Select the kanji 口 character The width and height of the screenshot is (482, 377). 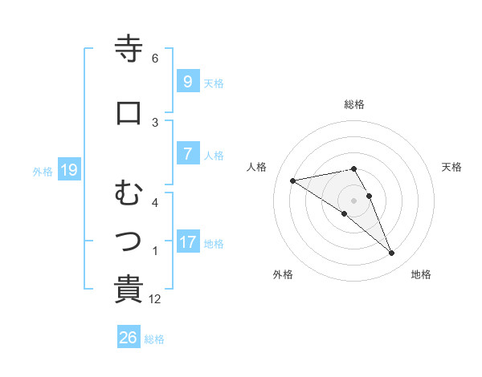pos(129,113)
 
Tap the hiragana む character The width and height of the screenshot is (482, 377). pos(129,193)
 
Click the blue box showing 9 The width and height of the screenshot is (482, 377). pos(187,82)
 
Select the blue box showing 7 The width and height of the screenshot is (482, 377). pos(187,155)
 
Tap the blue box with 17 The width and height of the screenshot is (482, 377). pos(187,242)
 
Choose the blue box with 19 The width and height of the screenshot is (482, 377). pos(68,170)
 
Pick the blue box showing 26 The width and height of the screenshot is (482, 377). pos(129,338)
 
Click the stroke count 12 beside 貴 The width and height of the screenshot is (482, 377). pos(156,299)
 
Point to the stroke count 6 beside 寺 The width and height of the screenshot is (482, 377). pos(155,59)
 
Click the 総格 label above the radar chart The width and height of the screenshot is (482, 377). pos(354,104)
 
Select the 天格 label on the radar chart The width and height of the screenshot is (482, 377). pos(452,167)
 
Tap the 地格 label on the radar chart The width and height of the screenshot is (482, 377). pos(421,274)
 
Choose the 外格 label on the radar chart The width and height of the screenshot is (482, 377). pos(283,274)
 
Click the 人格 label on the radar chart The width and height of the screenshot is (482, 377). pos(257,167)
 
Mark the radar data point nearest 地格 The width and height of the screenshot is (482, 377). pos(392,253)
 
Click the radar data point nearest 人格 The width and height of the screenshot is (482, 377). pos(293,180)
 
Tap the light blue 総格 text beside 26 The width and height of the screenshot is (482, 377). pos(154,339)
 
